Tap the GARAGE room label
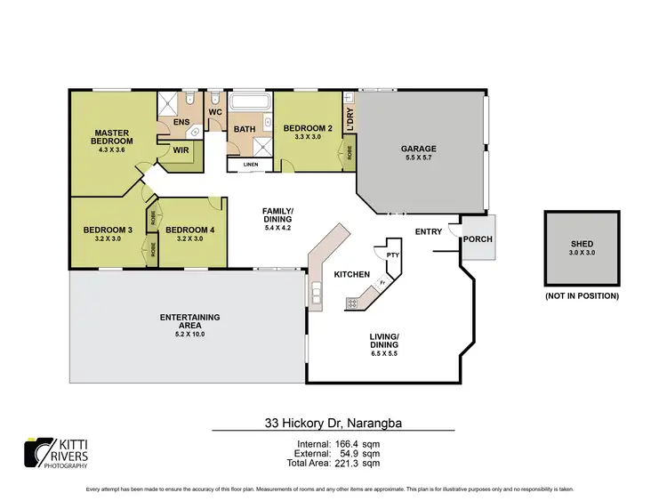click(x=417, y=149)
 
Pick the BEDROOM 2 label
click(x=307, y=129)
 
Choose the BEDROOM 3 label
click(x=108, y=230)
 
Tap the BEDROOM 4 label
click(x=189, y=230)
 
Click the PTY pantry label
click(x=391, y=255)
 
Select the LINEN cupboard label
click(x=250, y=165)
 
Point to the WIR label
click(x=180, y=150)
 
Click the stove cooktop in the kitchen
click(x=352, y=303)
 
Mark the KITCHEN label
click(x=351, y=275)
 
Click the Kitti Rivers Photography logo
click(x=55, y=453)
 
